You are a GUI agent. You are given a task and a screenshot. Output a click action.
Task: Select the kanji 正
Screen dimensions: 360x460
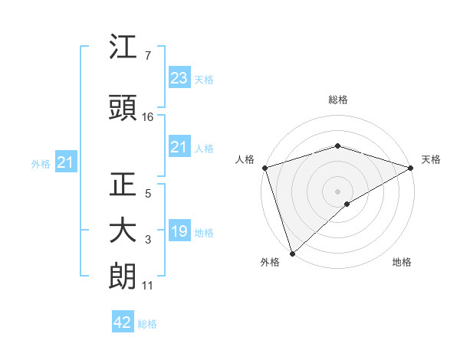coord(123,185)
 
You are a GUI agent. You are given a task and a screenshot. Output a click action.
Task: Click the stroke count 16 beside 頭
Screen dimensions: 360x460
coord(148,117)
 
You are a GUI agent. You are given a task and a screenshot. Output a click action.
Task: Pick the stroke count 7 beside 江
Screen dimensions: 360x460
coord(148,56)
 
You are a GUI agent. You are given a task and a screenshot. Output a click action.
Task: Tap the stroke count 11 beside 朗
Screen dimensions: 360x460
coord(148,286)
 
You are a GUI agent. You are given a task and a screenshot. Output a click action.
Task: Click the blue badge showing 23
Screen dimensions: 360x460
coord(179,78)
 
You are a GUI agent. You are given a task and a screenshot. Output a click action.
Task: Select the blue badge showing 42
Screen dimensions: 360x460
coord(123,322)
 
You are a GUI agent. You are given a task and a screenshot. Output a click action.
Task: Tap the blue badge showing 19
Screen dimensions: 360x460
coord(179,231)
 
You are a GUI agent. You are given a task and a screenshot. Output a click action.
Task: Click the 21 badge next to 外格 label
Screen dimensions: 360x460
coord(65,162)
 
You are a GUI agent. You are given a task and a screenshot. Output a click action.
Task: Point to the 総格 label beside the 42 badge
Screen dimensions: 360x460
coord(147,324)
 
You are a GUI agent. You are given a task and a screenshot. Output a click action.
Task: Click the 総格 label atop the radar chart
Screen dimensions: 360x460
coord(337,100)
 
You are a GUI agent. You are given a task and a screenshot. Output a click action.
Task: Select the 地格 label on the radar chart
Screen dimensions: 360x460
coord(402,262)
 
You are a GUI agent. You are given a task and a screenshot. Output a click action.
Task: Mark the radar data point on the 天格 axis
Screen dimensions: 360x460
coord(411,167)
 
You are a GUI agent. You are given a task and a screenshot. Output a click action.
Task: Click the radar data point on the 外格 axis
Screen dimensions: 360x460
coord(292,253)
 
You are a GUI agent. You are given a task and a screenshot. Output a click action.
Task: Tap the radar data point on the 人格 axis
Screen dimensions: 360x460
coord(264,167)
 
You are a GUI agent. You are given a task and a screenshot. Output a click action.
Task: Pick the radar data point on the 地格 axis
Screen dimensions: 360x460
coord(347,204)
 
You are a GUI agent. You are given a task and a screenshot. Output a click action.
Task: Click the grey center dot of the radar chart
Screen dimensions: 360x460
coord(337,190)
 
